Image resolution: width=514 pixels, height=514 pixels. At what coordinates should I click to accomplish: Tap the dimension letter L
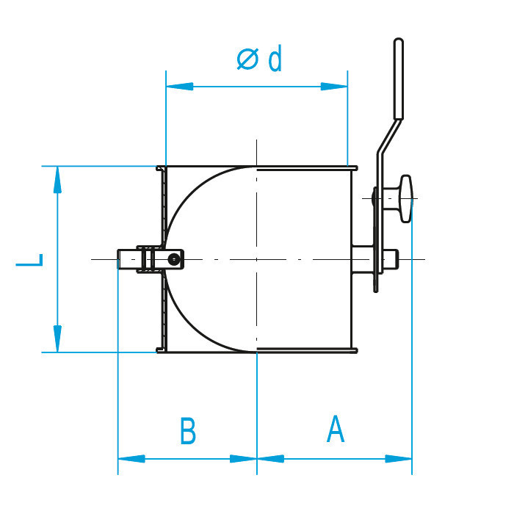[x=30, y=260]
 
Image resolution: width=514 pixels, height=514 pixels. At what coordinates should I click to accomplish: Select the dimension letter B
[x=188, y=432]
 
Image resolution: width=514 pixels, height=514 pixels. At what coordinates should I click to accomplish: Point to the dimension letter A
[x=335, y=430]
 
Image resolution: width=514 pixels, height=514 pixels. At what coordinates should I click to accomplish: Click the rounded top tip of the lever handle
[x=399, y=42]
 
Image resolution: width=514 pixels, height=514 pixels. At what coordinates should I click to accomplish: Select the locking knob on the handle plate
[x=402, y=198]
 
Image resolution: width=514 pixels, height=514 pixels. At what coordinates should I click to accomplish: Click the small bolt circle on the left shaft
[x=173, y=258]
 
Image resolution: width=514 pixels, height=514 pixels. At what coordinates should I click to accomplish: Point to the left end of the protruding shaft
[x=120, y=260]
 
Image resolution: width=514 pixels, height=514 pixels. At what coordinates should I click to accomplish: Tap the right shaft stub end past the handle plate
[x=394, y=258]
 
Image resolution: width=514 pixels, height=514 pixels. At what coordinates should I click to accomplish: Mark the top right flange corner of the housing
[x=355, y=168]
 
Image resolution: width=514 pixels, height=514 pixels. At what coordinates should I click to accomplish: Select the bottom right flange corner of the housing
[x=355, y=350]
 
